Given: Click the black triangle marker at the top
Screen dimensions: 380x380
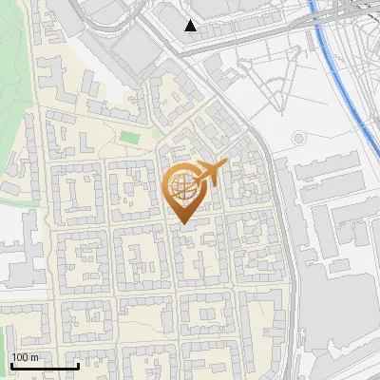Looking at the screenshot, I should coord(191,26).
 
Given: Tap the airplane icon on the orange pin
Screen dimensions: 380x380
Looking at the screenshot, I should coord(212,172).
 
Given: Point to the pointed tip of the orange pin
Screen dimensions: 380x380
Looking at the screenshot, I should coord(182,222).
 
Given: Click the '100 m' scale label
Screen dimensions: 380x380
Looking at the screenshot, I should coord(25,357).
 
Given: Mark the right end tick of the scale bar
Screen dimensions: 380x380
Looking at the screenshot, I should coord(78,364).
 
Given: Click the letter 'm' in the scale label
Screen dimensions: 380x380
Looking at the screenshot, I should coord(33,357).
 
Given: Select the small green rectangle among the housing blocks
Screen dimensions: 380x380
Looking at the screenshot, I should coord(128,140).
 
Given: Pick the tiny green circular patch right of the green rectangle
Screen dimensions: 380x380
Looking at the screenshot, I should coord(157,134).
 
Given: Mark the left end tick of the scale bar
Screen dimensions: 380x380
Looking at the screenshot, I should coord(11,364).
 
